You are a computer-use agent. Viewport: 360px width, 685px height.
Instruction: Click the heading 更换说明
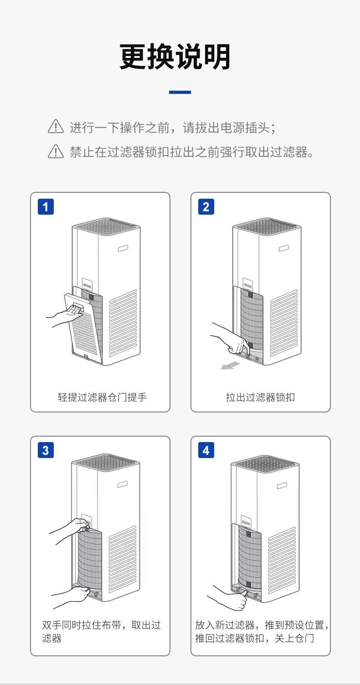point(175,57)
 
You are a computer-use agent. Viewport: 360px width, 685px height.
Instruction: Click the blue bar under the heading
point(180,92)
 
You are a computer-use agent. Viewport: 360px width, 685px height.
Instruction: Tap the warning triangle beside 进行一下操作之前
point(56,126)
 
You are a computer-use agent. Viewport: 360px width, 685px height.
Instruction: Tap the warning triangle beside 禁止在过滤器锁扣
point(56,151)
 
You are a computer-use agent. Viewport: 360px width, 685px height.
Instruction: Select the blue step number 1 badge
point(46,207)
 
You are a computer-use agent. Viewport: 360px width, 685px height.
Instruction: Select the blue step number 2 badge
point(206,207)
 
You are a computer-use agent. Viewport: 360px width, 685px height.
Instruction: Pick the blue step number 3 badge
point(46,450)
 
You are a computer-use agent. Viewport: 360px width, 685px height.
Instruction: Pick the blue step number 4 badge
point(206,450)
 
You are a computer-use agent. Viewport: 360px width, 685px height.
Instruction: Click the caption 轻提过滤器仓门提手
point(102,397)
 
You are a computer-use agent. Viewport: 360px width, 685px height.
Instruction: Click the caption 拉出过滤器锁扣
point(260,397)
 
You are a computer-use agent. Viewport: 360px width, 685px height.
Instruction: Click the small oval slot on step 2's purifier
point(283,248)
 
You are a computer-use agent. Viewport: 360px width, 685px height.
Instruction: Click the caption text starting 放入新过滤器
point(262,631)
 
